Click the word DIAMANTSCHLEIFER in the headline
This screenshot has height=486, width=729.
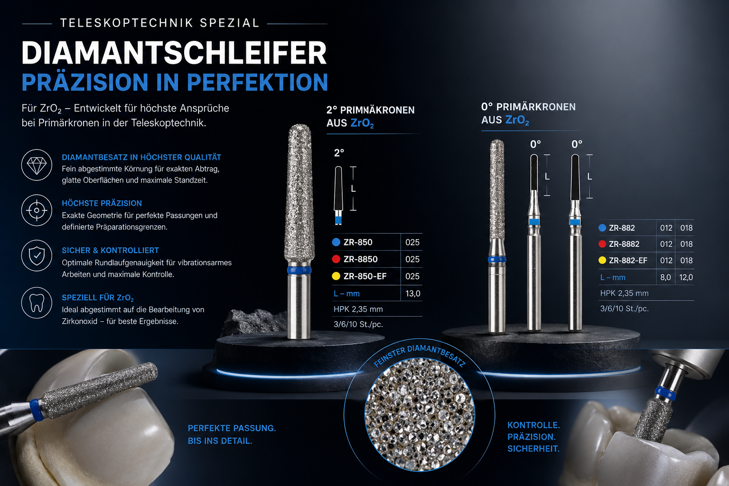[x=174, y=53]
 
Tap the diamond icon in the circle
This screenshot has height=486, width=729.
[x=37, y=166]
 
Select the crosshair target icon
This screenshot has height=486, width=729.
[x=37, y=210]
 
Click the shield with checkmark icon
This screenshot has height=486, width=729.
[x=37, y=256]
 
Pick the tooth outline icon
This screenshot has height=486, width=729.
[x=37, y=303]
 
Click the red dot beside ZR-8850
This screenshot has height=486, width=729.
[x=336, y=259]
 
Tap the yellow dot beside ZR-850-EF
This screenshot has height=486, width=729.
[x=336, y=276]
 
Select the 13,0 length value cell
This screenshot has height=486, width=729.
[x=412, y=293]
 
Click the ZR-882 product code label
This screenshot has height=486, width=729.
[x=622, y=228]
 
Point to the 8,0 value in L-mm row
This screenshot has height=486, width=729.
[x=665, y=277]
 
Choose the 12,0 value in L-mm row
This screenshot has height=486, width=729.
[x=686, y=277]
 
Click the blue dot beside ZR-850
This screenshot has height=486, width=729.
[x=336, y=242]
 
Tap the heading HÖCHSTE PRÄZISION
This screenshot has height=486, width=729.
[x=102, y=203]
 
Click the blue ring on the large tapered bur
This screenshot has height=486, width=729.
[x=299, y=270]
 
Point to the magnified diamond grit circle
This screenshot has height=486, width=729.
[x=420, y=414]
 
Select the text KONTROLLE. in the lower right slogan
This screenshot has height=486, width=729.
[x=533, y=425]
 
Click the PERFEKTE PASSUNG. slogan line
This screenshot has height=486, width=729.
[x=232, y=428]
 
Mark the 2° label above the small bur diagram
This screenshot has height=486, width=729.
[x=339, y=153]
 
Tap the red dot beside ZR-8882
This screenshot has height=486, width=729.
[x=602, y=244]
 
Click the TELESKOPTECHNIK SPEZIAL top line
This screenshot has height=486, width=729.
[x=159, y=23]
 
